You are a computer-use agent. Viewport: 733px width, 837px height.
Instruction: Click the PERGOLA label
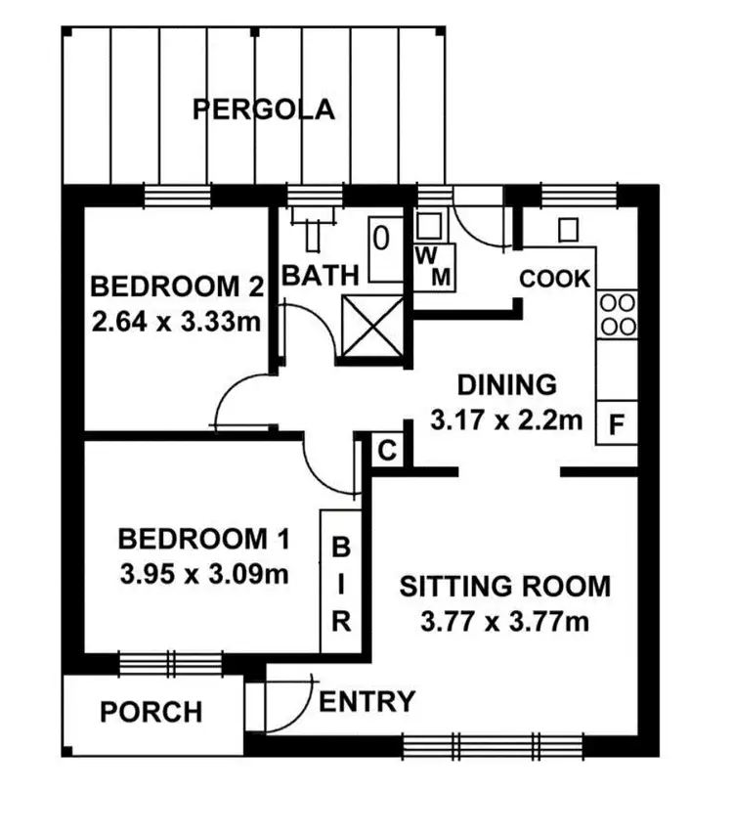(263, 109)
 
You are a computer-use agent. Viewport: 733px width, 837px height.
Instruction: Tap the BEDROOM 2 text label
(177, 287)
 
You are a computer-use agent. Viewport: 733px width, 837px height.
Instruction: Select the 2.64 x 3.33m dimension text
(177, 321)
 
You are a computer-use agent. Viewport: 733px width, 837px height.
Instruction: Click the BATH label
(320, 276)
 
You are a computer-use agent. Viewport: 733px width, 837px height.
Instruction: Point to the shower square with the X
(370, 328)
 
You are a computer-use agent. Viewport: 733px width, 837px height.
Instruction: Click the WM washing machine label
(434, 267)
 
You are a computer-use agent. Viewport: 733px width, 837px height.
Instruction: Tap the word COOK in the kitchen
(555, 279)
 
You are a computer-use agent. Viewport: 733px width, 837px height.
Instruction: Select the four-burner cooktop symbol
(618, 314)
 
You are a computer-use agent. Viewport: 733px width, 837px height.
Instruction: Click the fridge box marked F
(616, 425)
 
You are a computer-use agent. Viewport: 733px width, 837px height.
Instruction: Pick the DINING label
(507, 384)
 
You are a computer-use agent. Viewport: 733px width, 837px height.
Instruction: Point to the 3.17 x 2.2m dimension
(507, 420)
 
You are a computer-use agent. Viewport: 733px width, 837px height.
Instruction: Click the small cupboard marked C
(387, 451)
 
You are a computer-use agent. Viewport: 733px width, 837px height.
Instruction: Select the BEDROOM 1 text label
(204, 539)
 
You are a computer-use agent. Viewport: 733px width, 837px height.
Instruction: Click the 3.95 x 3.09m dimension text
(204, 573)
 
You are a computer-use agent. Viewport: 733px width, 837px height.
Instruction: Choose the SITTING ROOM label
(505, 587)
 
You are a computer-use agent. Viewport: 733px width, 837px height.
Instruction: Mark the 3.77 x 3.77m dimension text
(505, 621)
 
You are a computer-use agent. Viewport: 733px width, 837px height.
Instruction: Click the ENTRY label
(367, 701)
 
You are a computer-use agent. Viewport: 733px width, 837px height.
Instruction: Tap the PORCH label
(151, 712)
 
